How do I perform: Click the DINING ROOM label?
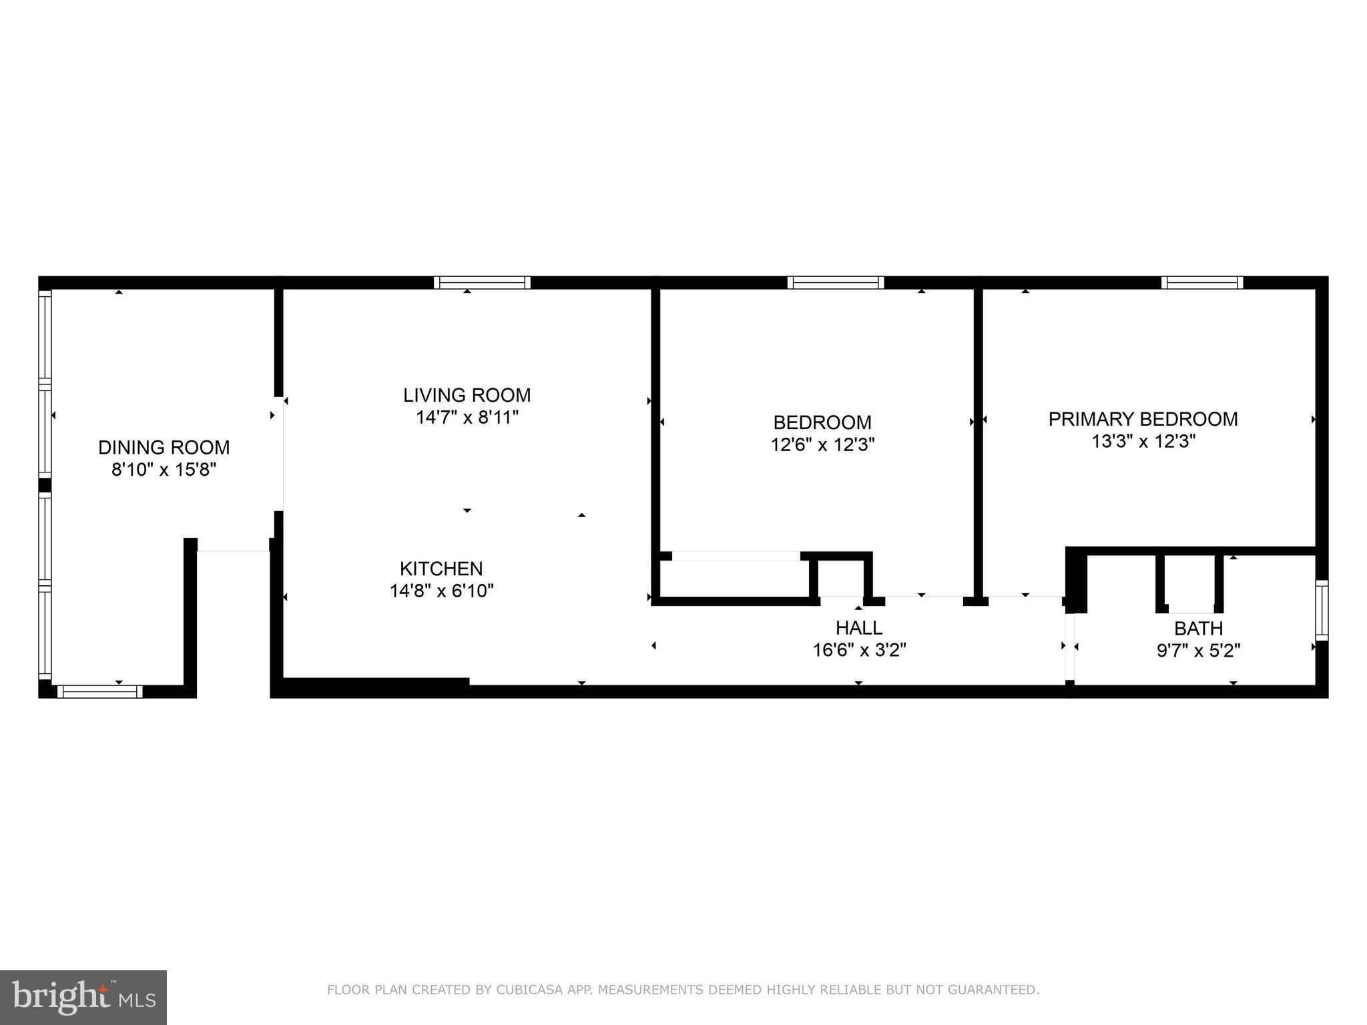click(164, 447)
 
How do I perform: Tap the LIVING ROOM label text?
click(467, 395)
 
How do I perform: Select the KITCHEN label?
click(441, 569)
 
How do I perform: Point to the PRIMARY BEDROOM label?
click(1143, 419)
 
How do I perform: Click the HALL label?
click(859, 627)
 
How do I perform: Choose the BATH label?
click(1198, 629)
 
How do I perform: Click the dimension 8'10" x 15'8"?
click(164, 470)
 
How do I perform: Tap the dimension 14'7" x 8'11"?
click(467, 418)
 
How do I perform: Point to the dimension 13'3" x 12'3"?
click(1143, 442)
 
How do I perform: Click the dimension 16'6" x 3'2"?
click(859, 650)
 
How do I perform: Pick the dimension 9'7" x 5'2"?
click(1198, 651)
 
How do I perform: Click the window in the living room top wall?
click(482, 282)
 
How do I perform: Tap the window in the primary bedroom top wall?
click(1201, 282)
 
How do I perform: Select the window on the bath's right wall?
click(1321, 611)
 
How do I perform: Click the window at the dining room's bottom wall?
click(99, 691)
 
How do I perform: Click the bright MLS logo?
click(83, 997)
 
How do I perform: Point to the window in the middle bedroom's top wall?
click(835, 282)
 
